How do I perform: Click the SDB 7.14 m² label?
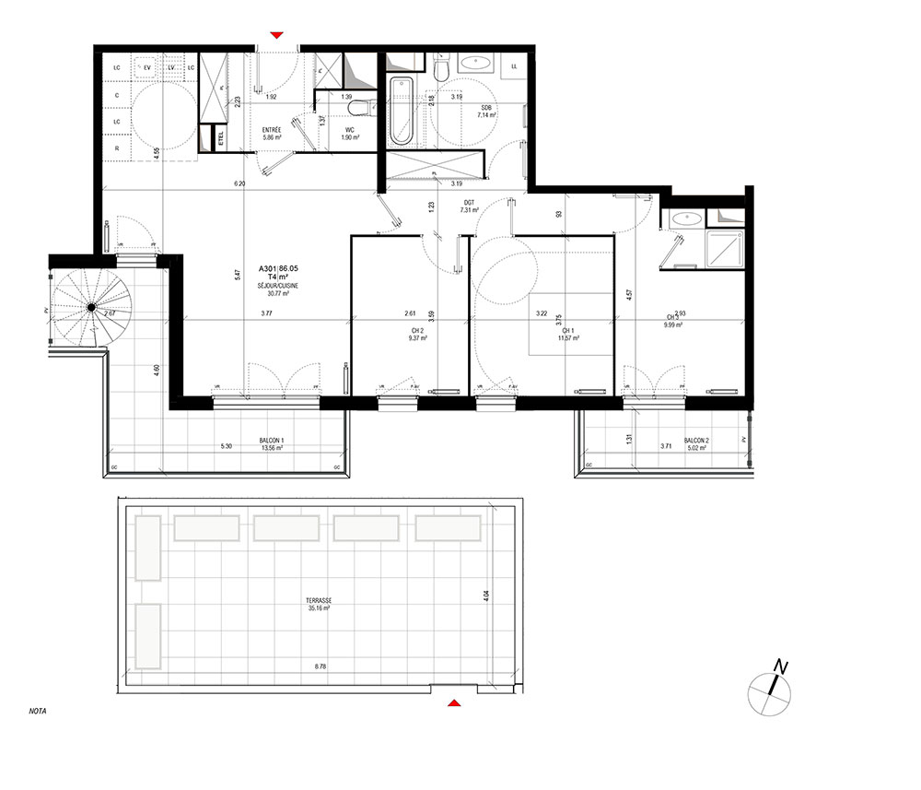tap(485, 112)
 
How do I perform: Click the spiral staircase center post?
tap(91, 307)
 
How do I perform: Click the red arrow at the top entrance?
tap(276, 36)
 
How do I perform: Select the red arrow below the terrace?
tap(453, 704)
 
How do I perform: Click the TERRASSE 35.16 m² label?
tap(320, 605)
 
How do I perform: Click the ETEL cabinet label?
tap(220, 138)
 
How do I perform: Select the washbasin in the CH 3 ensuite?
tap(683, 219)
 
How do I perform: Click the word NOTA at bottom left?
tap(39, 711)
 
